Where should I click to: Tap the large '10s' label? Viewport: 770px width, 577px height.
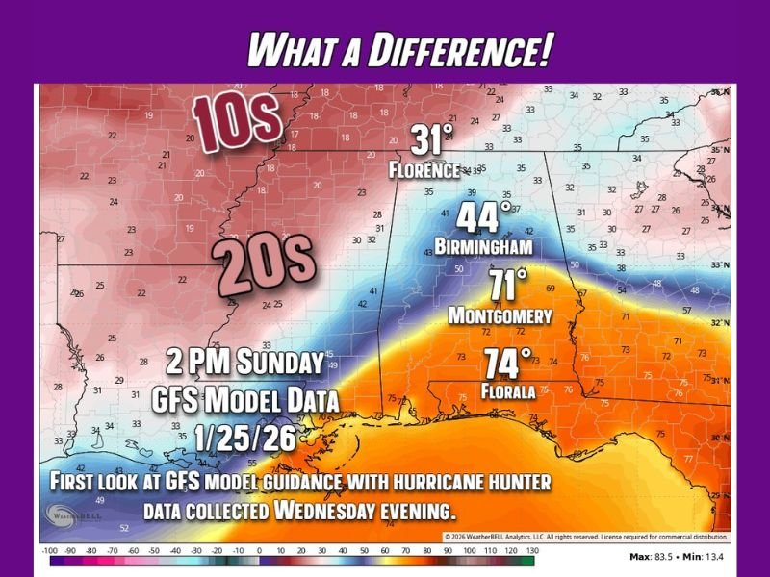236,120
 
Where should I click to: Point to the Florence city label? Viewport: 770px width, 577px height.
424,170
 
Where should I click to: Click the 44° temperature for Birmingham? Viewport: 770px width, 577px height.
483,217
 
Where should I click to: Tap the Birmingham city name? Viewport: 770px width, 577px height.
483,247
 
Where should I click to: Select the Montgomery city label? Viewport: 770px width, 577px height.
500,315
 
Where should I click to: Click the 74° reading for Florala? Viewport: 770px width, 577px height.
507,365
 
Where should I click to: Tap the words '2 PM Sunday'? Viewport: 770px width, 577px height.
244,364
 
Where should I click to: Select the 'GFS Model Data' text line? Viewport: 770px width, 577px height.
245,399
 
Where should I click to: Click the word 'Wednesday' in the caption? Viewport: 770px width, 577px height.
325,510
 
